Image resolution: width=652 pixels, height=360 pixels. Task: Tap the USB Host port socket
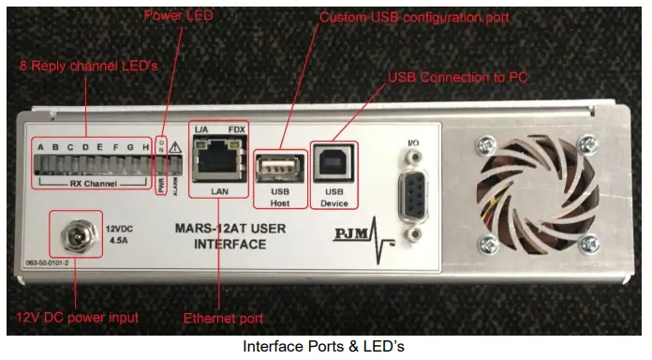[280, 166]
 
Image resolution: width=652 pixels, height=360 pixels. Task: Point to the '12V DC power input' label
[75, 317]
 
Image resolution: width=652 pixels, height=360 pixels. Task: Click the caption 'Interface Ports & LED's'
[323, 346]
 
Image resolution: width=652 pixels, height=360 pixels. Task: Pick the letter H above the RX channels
[145, 146]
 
